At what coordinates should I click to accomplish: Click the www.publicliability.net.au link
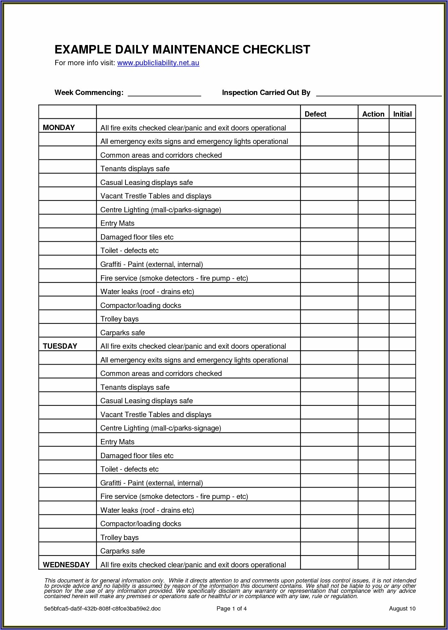[158, 63]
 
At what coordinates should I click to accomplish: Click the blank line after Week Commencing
[164, 94]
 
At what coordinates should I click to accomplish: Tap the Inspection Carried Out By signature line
[379, 94]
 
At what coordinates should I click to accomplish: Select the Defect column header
[315, 114]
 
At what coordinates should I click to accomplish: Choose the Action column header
[373, 114]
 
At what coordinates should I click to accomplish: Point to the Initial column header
[402, 114]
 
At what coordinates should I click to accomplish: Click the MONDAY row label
[59, 128]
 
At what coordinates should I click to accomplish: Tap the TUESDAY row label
[60, 346]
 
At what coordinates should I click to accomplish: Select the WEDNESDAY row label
[66, 565]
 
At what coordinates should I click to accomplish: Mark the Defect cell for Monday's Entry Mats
[329, 221]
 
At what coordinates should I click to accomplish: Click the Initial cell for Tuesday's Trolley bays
[402, 535]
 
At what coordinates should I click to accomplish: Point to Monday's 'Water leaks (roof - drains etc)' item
[147, 292]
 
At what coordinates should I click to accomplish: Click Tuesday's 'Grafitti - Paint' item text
[151, 483]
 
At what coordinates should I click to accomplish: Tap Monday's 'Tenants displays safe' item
[135, 169]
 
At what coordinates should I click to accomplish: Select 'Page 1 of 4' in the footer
[231, 609]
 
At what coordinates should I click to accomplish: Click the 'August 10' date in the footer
[402, 609]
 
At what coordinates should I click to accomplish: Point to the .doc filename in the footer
[102, 609]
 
